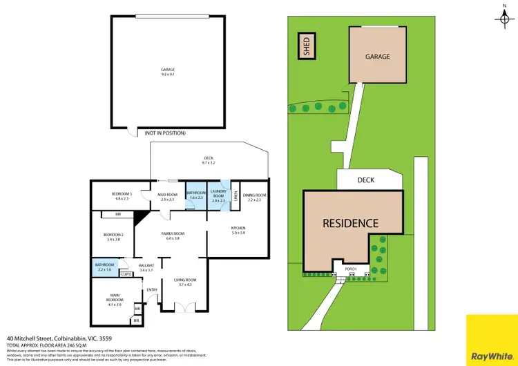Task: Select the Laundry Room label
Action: pos(219,195)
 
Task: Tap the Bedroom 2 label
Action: pos(113,237)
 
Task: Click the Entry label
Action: pos(152,289)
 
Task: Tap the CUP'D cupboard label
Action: pos(126,274)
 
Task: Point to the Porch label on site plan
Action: pos(343,269)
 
